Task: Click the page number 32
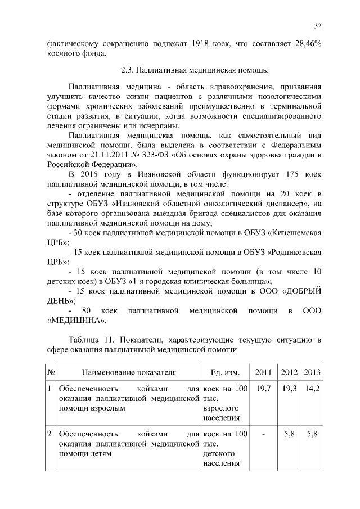click(317, 26)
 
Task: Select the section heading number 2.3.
click(128, 71)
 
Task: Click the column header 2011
click(263, 372)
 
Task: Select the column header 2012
click(290, 372)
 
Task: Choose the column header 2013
click(312, 372)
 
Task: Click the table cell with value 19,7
click(263, 389)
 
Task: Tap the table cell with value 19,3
click(290, 389)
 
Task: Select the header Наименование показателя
click(129, 372)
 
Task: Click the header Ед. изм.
click(224, 372)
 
